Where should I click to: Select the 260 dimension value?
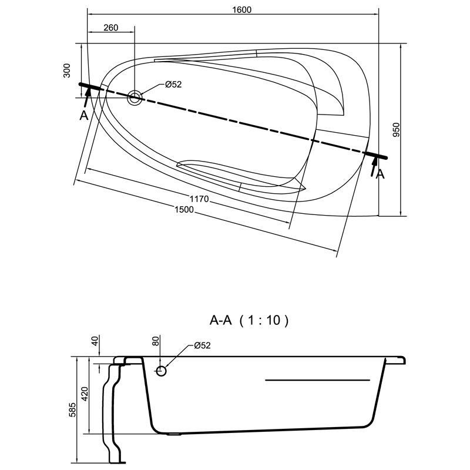(x=110, y=28)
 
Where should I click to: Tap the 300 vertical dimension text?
(x=68, y=71)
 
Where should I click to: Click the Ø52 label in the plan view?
(x=173, y=85)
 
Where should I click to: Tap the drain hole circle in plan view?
(x=135, y=98)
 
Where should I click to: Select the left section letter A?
(x=84, y=115)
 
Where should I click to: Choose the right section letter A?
(x=381, y=174)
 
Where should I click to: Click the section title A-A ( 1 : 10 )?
(x=250, y=321)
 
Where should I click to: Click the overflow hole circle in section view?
(x=162, y=371)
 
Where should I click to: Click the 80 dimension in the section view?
(x=156, y=341)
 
